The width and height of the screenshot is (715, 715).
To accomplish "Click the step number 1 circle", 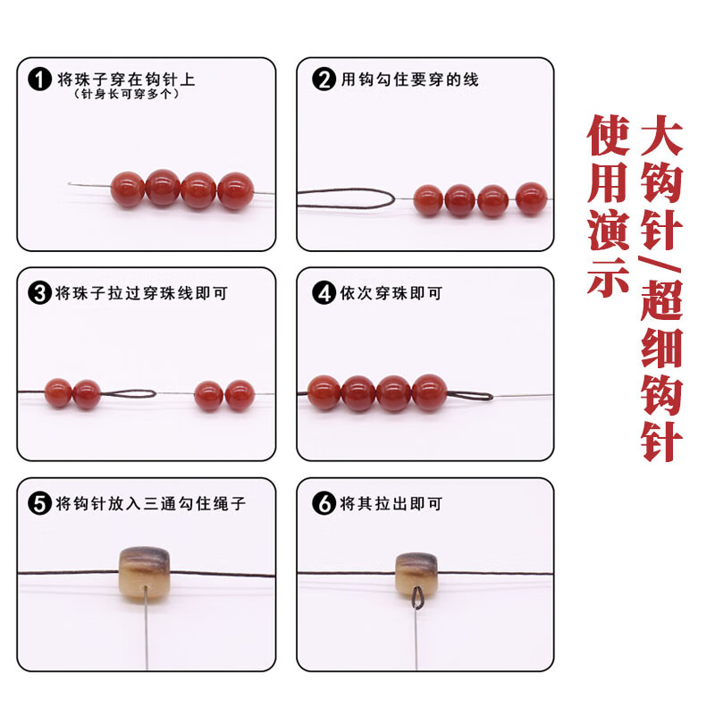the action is tap(39, 79).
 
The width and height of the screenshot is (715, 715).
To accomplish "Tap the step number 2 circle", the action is tap(324, 79).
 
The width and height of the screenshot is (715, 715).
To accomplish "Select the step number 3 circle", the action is tap(39, 292).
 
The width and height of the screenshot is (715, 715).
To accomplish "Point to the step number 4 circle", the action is tap(324, 292).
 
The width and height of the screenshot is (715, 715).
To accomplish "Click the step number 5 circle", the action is tap(39, 504).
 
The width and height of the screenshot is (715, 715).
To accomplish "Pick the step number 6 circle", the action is tap(324, 504).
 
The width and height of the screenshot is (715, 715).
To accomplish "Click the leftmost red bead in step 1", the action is tap(128, 190).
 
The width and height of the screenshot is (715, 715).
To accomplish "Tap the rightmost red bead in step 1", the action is tap(236, 190).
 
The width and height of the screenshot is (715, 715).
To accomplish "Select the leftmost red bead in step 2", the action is tap(428, 199).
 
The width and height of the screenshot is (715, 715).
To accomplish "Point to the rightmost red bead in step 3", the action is tap(240, 394).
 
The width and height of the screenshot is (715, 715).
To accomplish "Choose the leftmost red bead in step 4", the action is tap(324, 392).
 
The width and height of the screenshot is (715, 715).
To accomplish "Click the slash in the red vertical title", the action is tap(661, 269).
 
